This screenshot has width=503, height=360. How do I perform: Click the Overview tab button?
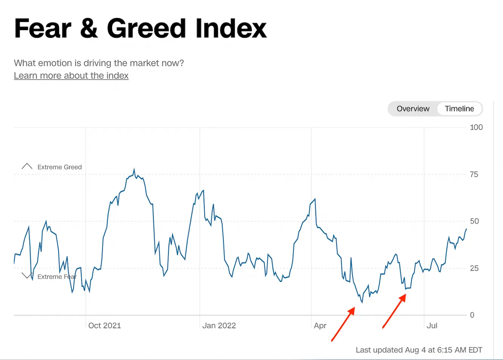tap(413, 109)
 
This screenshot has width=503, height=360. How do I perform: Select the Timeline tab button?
tap(459, 109)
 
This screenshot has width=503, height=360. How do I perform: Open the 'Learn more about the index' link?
tap(71, 76)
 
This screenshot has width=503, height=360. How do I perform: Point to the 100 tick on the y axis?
tap(476, 127)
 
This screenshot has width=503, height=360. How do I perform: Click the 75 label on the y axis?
tap(474, 175)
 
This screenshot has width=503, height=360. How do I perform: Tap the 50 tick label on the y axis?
tap(474, 221)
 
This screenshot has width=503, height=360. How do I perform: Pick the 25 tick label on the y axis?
tap(474, 268)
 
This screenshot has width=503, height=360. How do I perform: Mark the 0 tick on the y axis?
tap(472, 315)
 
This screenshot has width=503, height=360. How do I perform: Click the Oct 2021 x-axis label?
tap(104, 326)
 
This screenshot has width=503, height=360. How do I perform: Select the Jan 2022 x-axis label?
tap(219, 326)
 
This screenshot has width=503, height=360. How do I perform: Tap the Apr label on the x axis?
tap(320, 326)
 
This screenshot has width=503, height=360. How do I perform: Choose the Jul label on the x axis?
tap(432, 326)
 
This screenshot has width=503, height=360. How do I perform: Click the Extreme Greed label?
tap(59, 167)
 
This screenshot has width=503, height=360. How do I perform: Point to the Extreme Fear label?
tap(57, 277)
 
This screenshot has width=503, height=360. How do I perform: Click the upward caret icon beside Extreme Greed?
tap(27, 166)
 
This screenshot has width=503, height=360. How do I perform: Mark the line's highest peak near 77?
tap(134, 170)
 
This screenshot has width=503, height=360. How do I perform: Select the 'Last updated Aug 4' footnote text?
tap(418, 350)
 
